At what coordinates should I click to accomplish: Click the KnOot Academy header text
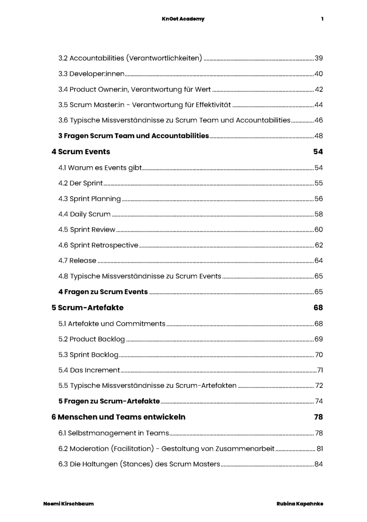183,19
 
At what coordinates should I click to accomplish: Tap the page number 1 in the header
322,19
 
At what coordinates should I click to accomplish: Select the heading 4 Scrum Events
81,152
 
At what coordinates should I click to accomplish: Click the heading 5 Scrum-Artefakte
87,308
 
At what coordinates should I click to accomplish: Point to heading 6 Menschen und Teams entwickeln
119,417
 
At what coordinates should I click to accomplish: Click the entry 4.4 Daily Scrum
84,214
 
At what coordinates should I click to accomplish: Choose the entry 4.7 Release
77,261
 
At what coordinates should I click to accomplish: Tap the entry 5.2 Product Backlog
91,339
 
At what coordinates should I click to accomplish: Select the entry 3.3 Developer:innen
91,74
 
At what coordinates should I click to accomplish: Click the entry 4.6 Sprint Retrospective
98,245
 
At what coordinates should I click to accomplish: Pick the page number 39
319,59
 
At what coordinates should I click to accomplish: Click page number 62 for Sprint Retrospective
319,245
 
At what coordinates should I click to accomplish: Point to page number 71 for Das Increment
320,370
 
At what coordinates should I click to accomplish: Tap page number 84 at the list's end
319,464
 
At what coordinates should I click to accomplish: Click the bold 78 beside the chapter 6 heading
318,417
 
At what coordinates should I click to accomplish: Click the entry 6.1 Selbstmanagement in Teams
113,433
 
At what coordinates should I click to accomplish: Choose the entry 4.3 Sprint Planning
89,199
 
